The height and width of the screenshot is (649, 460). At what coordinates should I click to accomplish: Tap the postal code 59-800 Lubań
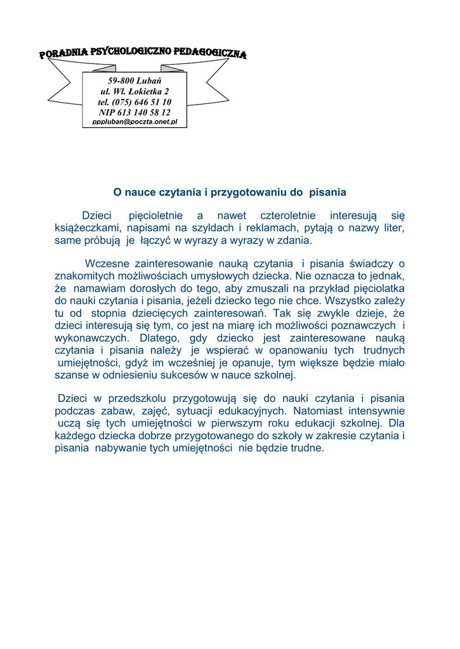pyautogui.click(x=135, y=81)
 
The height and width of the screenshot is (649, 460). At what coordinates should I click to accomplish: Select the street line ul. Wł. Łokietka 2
pyautogui.click(x=135, y=91)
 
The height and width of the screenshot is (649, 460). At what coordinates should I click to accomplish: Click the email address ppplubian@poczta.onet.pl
pyautogui.click(x=135, y=121)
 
